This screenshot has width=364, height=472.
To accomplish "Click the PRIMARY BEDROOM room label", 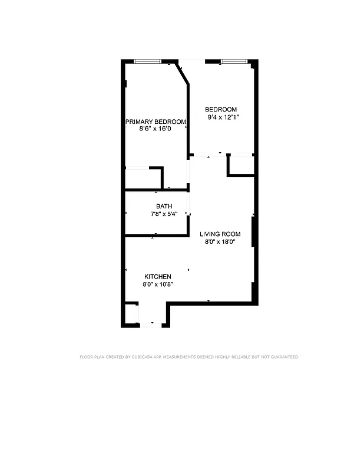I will click(x=155, y=122).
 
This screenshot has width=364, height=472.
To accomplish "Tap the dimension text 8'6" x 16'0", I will click(x=155, y=129).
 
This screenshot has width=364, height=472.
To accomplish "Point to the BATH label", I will click(x=156, y=206).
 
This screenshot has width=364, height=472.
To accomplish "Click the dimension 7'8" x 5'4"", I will click(x=156, y=214).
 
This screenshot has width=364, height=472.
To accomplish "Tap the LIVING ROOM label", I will click(x=220, y=234).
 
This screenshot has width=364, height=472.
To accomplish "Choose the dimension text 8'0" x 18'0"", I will click(x=220, y=242).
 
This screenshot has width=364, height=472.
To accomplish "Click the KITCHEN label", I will click(x=158, y=277).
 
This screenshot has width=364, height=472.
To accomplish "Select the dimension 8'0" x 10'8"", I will click(x=158, y=284).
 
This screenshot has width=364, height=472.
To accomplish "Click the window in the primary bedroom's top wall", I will click(x=147, y=61).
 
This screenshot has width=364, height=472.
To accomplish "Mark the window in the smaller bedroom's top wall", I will click(x=234, y=61).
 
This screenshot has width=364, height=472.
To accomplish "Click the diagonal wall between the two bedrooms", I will click(x=183, y=73).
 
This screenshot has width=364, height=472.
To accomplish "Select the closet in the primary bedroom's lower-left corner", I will click(x=142, y=178).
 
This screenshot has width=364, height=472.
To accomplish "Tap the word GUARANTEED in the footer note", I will click(x=283, y=357).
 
